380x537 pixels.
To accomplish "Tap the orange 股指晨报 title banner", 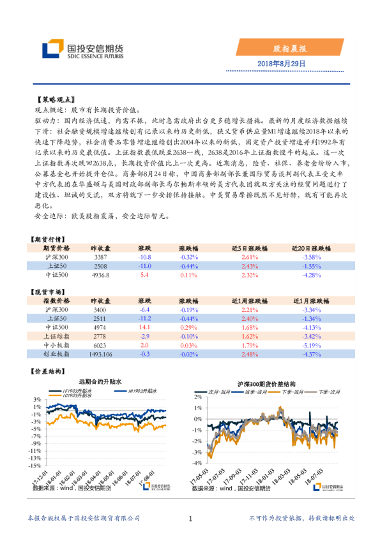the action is click(x=291, y=48).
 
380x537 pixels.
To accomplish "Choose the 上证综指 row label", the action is click(x=56, y=335).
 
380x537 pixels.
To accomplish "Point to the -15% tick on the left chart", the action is click(x=34, y=457).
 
